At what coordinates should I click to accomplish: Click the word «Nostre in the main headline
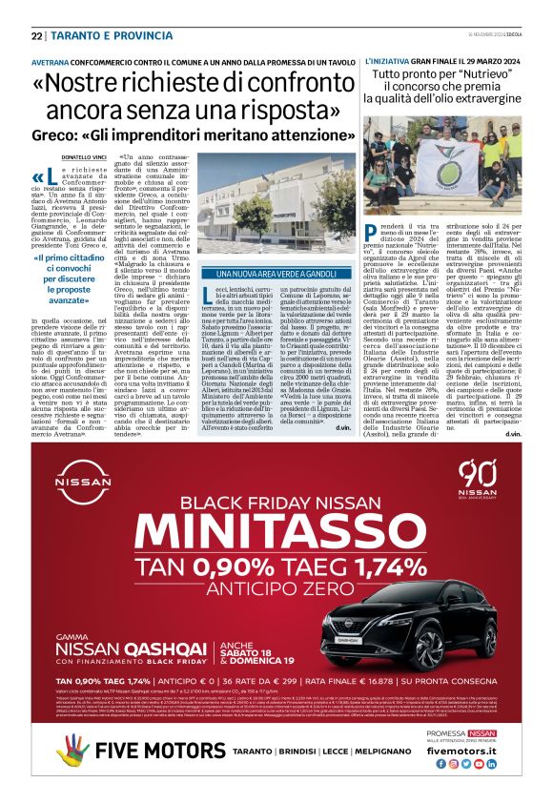pyautogui.click(x=104, y=85)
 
